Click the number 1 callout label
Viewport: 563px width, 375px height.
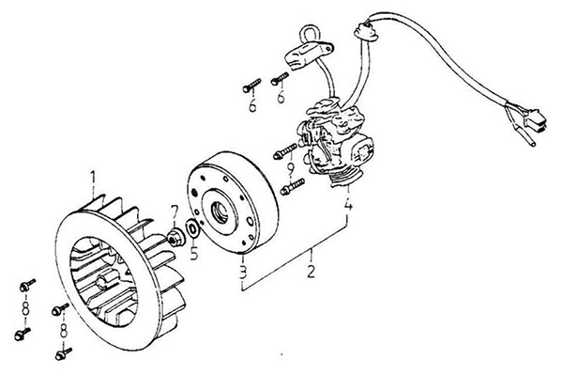coord(93,179)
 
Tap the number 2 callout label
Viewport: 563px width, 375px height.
coord(311,271)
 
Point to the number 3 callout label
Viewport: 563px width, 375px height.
coord(243,273)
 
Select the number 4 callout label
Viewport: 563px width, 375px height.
coord(348,205)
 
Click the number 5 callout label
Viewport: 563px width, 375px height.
coord(194,253)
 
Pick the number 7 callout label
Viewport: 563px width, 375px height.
coord(175,212)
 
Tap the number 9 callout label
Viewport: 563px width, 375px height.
coord(291,168)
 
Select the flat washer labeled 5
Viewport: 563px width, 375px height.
coord(192,228)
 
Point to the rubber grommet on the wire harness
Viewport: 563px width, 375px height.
coord(366,31)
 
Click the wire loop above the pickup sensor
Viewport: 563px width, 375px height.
coord(309,33)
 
